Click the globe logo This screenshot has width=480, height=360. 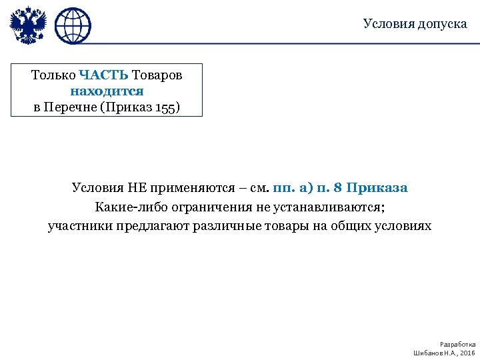(x=72, y=27)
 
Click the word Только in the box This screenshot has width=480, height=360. (x=53, y=75)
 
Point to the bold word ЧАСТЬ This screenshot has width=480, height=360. (x=104, y=75)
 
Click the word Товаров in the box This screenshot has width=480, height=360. (x=157, y=75)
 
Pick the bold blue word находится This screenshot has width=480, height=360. (x=107, y=91)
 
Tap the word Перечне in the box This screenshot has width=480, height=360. (x=70, y=107)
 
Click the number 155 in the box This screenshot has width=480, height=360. (x=166, y=107)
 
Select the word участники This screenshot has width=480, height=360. (x=80, y=225)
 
